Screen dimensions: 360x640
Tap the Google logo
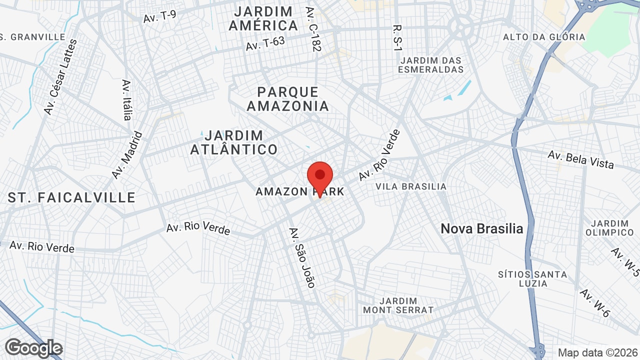coord(34,348)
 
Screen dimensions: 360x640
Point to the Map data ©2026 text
coord(598,352)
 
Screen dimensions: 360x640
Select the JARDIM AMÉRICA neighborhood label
coord(263,18)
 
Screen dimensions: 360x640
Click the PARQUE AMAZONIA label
coord(288,99)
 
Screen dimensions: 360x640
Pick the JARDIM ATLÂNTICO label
coord(234,142)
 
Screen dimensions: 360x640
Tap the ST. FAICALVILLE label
coord(71,197)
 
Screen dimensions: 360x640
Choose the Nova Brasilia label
coord(481,229)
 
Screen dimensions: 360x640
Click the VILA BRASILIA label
coord(411,186)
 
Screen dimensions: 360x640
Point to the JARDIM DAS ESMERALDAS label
coord(431,65)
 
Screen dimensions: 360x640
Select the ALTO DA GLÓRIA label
coord(544,37)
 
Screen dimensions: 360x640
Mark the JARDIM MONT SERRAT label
coord(398,305)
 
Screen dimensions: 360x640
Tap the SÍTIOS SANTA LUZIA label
coord(532,279)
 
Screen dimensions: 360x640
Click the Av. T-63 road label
coord(265,43)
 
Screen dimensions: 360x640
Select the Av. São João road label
coord(302,257)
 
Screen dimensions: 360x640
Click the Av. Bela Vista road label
coord(580,159)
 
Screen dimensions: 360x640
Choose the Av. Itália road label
coord(126,99)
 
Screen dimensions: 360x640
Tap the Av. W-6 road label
coord(595,303)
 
